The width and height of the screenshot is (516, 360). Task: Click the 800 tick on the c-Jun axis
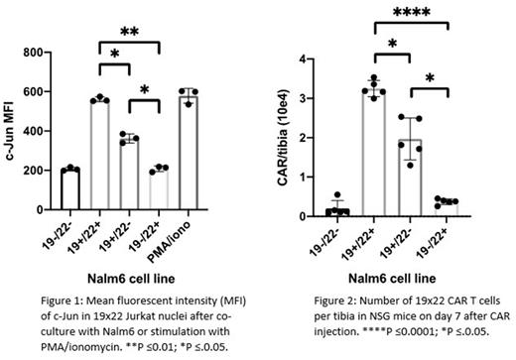41,53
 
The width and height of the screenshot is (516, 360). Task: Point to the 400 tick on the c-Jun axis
41,131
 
